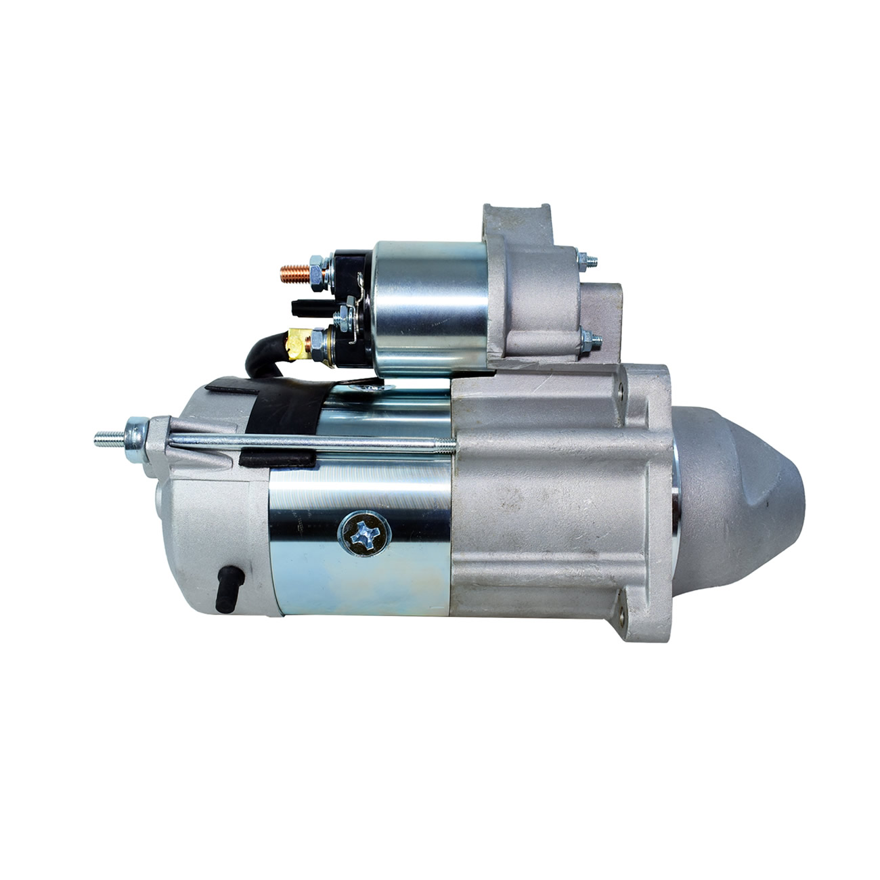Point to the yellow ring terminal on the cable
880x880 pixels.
[296, 342]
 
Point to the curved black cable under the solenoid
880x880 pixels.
[263, 352]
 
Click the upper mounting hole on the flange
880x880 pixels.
[621, 391]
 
